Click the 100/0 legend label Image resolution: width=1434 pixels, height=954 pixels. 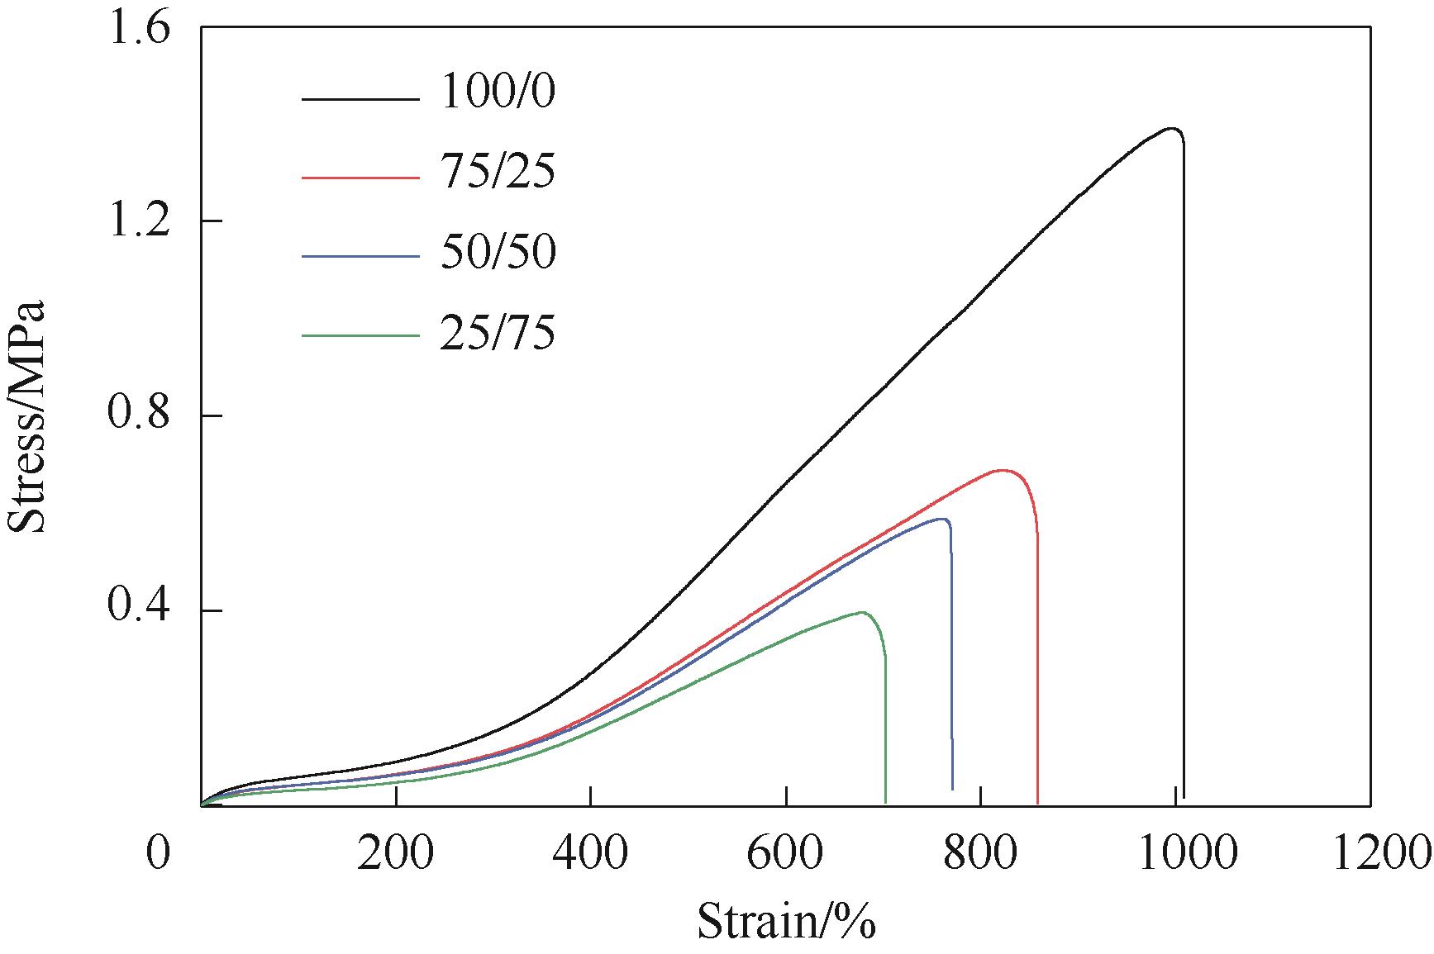point(498,92)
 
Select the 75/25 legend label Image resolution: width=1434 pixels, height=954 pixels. point(498,172)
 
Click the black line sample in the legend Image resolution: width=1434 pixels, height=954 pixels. point(360,100)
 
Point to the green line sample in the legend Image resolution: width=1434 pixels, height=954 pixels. point(360,335)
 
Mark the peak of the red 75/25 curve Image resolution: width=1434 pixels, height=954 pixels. point(1002,470)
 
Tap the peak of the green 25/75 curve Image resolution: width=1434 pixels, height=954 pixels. point(862,612)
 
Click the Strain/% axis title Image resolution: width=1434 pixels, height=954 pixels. point(786,922)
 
